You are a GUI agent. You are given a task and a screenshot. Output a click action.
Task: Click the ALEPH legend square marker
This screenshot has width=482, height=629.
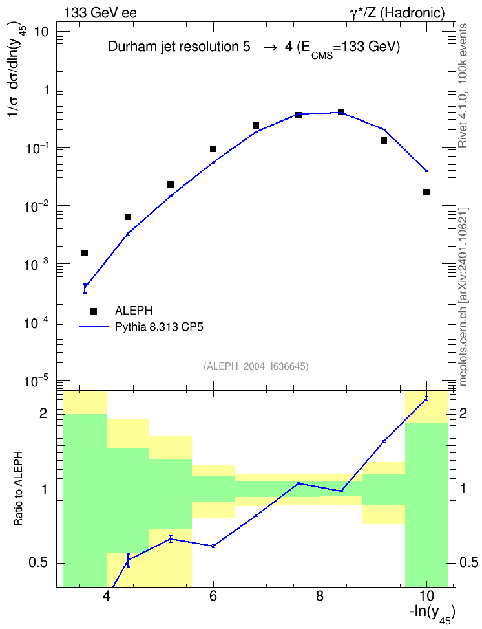tap(94, 311)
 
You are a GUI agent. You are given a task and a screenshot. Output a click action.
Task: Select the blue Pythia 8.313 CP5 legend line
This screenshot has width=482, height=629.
tap(94, 327)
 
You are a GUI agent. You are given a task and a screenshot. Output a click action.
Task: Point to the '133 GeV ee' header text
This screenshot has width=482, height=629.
tap(100, 13)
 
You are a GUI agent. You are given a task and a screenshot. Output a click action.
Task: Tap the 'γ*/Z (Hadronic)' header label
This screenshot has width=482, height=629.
tap(397, 13)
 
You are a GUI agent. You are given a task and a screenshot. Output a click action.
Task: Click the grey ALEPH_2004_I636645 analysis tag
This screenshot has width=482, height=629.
tap(256, 366)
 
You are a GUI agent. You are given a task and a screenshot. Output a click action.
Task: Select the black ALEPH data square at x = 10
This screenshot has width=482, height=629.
tap(426, 192)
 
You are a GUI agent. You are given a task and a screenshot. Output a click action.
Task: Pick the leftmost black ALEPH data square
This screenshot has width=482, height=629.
tap(85, 253)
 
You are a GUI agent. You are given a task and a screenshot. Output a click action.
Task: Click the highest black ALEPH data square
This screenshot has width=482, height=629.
tap(341, 112)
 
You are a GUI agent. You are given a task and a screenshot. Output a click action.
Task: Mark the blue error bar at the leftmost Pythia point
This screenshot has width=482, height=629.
tap(85, 289)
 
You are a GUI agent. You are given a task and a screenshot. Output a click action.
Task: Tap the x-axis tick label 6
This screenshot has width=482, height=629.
tap(213, 596)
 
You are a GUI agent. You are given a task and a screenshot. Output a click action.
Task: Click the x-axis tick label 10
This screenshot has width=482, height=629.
tap(426, 596)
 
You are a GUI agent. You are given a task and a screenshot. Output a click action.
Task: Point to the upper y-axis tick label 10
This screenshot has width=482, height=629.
tap(41, 32)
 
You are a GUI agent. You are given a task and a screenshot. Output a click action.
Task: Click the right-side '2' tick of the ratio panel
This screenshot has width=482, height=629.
tap(463, 413)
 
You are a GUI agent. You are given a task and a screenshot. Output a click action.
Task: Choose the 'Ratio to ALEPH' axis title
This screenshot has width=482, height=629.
tap(19, 489)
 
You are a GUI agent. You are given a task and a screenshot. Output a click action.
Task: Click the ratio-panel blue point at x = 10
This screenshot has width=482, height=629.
tap(426, 399)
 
